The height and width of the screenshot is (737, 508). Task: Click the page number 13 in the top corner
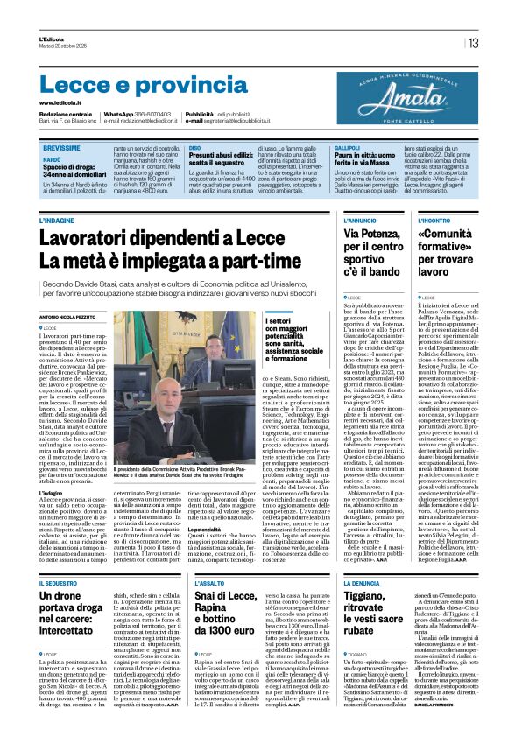click(472, 43)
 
